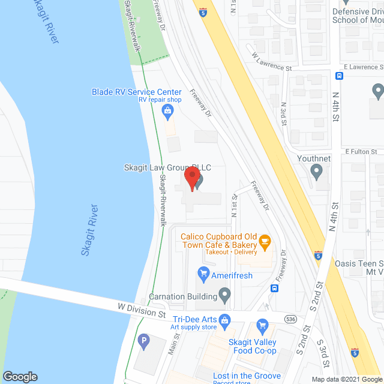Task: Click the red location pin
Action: coord(191,178)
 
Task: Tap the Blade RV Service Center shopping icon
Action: coord(169,110)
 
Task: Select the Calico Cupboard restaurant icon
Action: coord(265,242)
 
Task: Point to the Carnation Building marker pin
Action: coord(225,295)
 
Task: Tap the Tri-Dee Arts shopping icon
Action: coord(225,319)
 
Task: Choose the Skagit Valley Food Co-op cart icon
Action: coord(262,326)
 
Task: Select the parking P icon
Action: coord(143,342)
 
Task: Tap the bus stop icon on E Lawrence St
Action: coord(339,76)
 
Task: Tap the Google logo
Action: coord(19,377)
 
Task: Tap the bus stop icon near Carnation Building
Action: coord(274,288)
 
